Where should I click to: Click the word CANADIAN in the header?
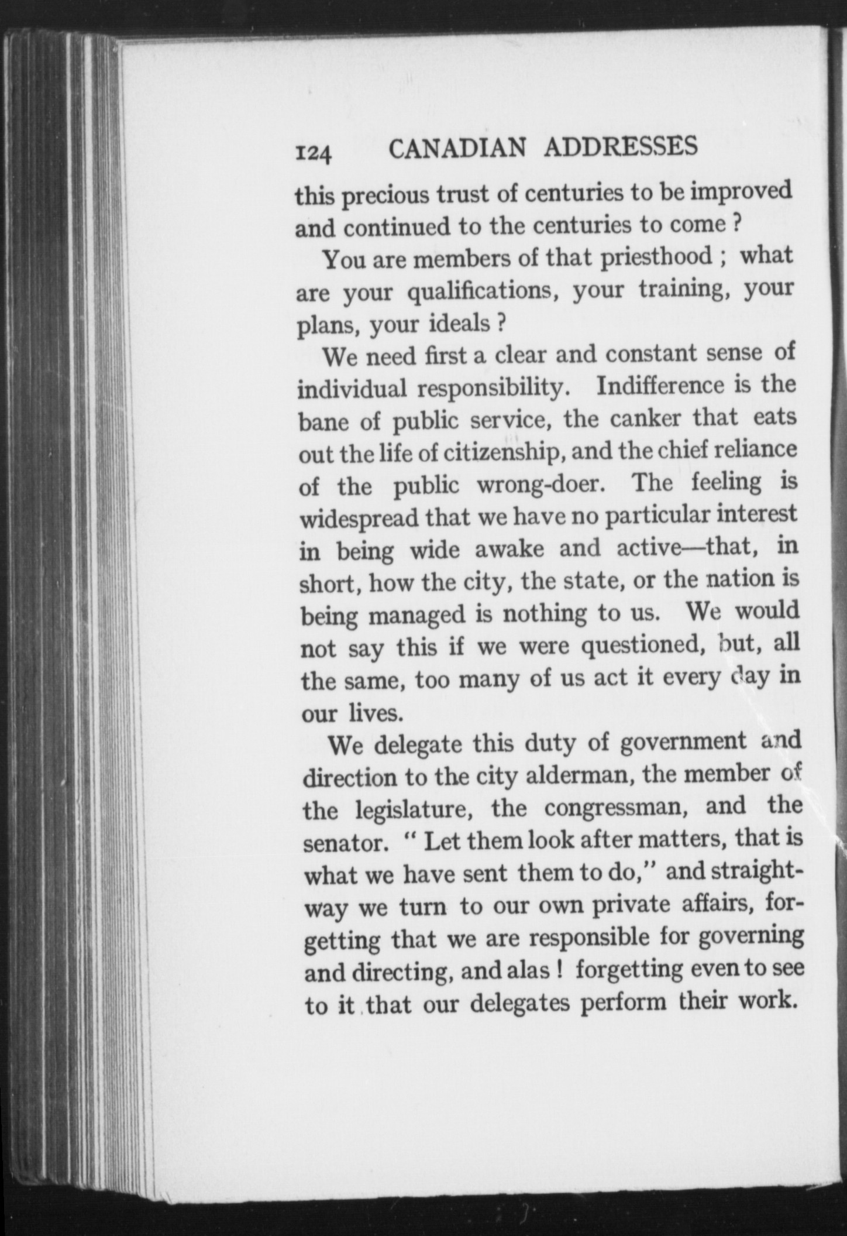(x=457, y=149)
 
